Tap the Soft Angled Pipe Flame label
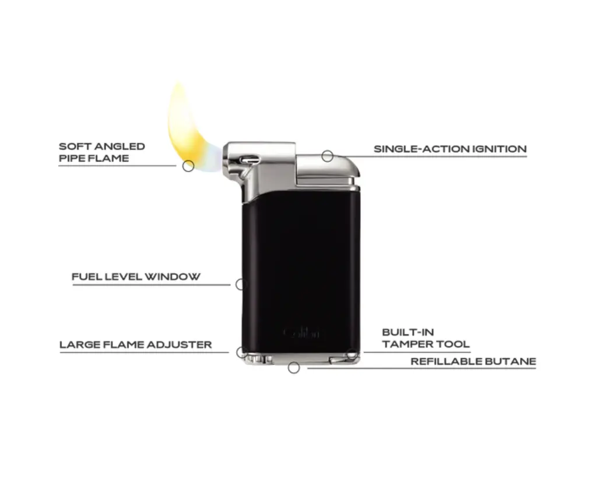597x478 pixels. [x=102, y=152]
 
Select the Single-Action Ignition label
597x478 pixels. [x=450, y=149]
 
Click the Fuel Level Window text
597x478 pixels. [x=136, y=277]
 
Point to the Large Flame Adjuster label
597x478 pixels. [x=136, y=345]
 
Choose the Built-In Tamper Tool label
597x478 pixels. [x=426, y=339]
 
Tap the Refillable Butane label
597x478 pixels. [x=473, y=362]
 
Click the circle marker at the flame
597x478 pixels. [x=188, y=166]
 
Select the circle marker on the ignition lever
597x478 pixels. [x=328, y=156]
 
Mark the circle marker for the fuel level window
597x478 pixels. [x=240, y=285]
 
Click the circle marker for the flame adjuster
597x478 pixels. [x=241, y=352]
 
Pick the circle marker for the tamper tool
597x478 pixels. [x=352, y=354]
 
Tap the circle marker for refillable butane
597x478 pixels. [x=294, y=368]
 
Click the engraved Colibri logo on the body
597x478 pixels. [x=301, y=333]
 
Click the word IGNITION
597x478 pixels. [x=499, y=149]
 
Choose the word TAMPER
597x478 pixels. [x=403, y=344]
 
